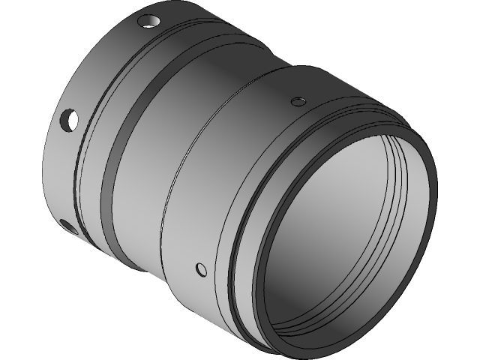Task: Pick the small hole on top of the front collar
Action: click(x=298, y=101)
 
